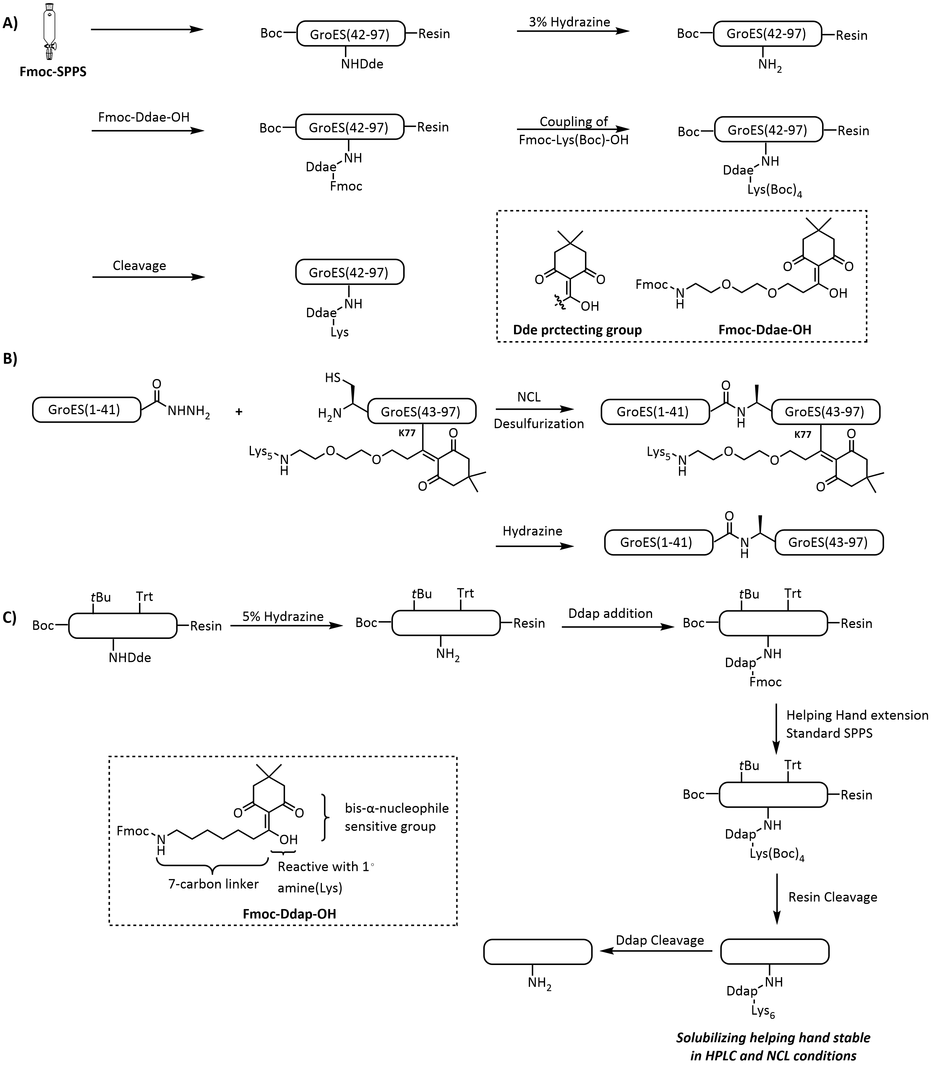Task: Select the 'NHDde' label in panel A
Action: click(362, 64)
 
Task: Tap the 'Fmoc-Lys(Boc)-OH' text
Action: click(574, 140)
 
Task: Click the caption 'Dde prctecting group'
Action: click(577, 330)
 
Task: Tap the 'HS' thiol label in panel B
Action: click(333, 377)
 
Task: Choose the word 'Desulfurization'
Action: click(539, 424)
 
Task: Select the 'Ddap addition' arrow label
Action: click(610, 613)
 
